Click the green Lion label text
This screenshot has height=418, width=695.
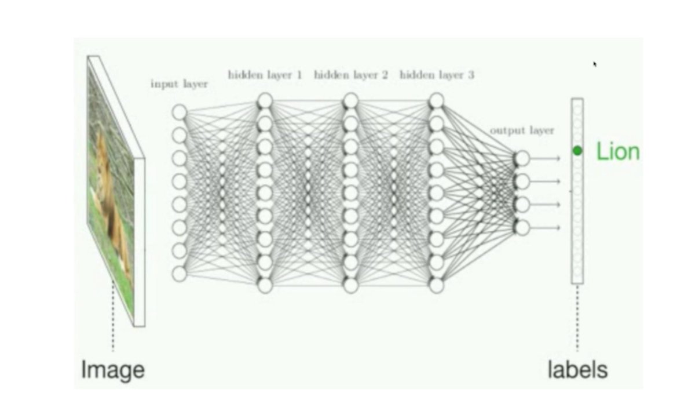click(x=618, y=152)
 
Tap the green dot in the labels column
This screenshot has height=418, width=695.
click(x=577, y=151)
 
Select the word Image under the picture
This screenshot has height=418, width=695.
click(x=112, y=369)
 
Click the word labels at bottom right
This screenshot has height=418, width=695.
click(x=577, y=369)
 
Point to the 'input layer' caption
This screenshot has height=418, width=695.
click(x=179, y=83)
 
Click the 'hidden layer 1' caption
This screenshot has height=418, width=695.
click(x=265, y=75)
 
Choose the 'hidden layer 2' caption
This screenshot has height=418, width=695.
click(x=350, y=75)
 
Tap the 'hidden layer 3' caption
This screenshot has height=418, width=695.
click(x=437, y=75)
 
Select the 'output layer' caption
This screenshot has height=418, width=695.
click(x=522, y=130)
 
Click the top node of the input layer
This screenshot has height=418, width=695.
click(x=180, y=111)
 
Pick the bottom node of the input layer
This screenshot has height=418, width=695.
click(x=180, y=274)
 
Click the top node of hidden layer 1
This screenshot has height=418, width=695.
click(x=265, y=101)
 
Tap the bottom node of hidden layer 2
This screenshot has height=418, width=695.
click(x=350, y=285)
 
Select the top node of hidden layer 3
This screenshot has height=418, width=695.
click(x=437, y=101)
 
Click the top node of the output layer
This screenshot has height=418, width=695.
click(x=522, y=158)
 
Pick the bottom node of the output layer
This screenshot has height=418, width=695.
click(x=522, y=228)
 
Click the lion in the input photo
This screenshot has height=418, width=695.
click(x=107, y=186)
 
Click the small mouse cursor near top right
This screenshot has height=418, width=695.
click(x=595, y=64)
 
